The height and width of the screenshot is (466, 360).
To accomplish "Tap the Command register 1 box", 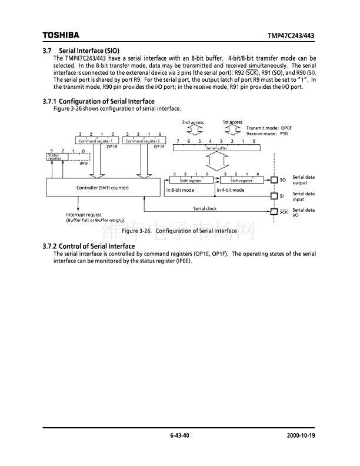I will tap(97, 141).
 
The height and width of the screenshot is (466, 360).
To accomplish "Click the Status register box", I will tap(55, 157).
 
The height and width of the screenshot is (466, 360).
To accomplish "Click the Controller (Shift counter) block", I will tap(102, 188).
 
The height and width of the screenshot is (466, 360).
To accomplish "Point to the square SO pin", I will tap(274, 179).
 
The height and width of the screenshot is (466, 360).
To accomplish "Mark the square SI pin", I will tap(274, 196).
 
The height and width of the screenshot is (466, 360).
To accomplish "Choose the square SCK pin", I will tap(274, 212).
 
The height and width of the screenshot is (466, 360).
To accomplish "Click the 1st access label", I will tap(232, 122).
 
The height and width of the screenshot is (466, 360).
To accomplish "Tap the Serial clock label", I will tap(205, 209).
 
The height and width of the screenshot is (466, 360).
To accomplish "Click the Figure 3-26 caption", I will tap(179, 231).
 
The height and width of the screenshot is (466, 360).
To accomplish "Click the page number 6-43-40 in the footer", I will tap(180, 435).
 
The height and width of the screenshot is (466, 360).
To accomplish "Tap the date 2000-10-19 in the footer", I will tap(301, 435).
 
